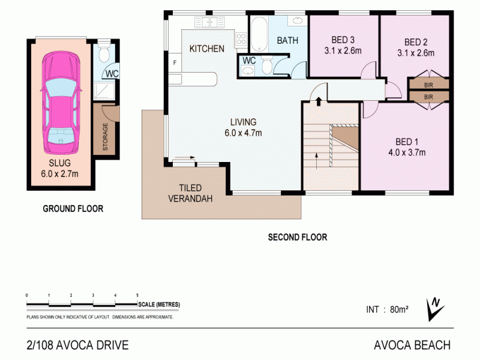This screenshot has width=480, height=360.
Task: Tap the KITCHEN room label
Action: coord(207,49)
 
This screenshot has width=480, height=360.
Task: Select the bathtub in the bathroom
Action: coord(259,35)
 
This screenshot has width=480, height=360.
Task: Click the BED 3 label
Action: coord(334,41)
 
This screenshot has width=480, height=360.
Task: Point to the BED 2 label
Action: coord(415,42)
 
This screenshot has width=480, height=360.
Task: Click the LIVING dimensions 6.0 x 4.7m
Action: coord(243,133)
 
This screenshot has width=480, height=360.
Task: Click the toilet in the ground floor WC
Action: coord(104,55)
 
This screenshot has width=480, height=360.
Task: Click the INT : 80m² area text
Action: coord(387,310)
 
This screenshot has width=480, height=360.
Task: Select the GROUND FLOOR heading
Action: coord(73,209)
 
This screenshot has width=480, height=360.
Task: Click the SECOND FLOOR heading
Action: coord(297,238)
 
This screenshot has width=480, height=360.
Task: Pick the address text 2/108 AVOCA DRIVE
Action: coord(77,345)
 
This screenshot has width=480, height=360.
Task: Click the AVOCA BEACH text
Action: coord(411,345)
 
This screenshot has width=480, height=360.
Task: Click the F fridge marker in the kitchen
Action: coord(175,62)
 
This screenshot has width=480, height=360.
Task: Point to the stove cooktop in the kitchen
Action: coord(241,40)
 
